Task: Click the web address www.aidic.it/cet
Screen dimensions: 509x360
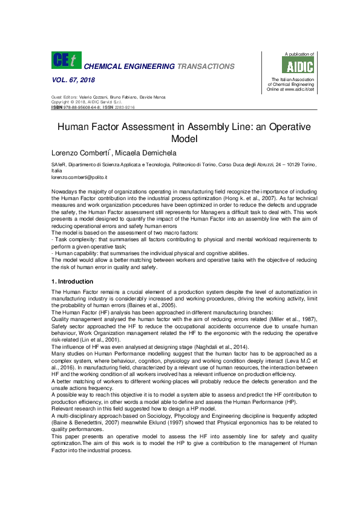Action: click(299, 89)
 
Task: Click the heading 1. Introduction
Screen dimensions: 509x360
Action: click(72, 282)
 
